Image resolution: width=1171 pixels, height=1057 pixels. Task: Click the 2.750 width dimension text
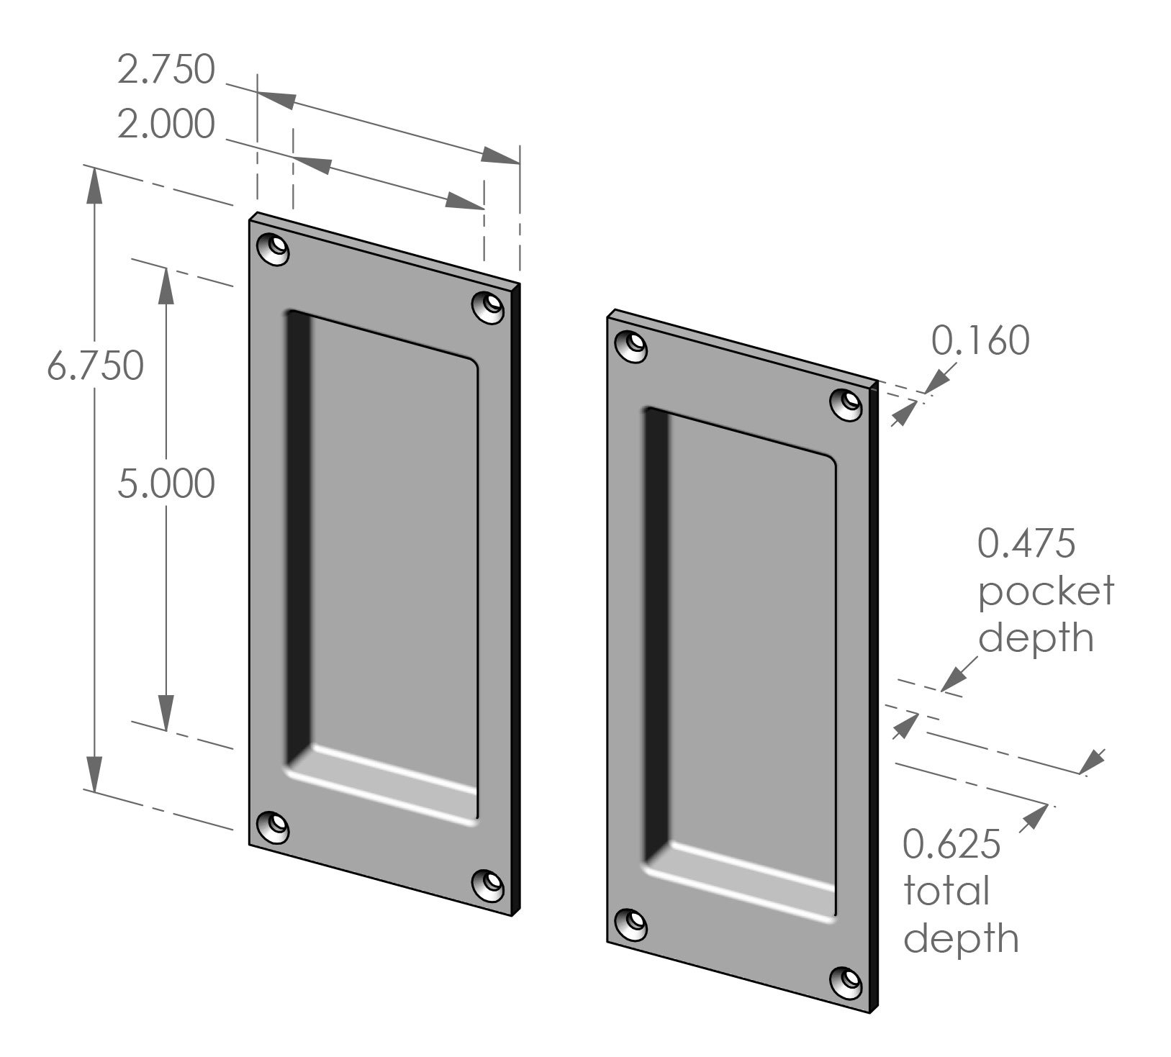pyautogui.click(x=166, y=70)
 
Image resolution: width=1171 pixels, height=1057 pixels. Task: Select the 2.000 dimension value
pyautogui.click(x=166, y=124)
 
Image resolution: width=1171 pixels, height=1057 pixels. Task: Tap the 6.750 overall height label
pyautogui.click(x=95, y=366)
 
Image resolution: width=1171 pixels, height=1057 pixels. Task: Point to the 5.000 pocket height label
pyautogui.click(x=166, y=484)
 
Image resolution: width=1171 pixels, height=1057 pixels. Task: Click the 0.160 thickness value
pyautogui.click(x=980, y=341)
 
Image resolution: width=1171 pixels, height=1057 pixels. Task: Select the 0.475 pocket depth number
pyautogui.click(x=1026, y=543)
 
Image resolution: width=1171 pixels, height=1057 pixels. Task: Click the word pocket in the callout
pyautogui.click(x=1046, y=591)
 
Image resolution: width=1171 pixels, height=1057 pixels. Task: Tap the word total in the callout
pyautogui.click(x=946, y=892)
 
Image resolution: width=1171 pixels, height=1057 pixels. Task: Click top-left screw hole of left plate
pyautogui.click(x=273, y=249)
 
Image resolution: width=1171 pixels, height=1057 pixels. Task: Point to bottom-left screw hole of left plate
pyautogui.click(x=273, y=827)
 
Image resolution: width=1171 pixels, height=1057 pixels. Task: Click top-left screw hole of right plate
pyautogui.click(x=631, y=346)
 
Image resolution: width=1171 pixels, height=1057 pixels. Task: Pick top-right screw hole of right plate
pyautogui.click(x=846, y=404)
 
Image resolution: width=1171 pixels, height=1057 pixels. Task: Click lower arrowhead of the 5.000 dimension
pyautogui.click(x=166, y=712)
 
